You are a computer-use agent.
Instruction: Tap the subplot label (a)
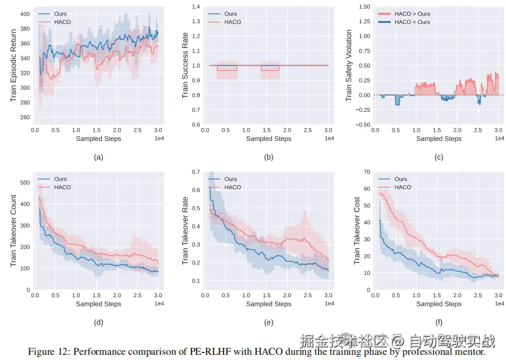(x=98, y=157)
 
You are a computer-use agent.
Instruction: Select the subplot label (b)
(x=268, y=157)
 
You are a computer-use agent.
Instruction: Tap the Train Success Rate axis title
(x=185, y=65)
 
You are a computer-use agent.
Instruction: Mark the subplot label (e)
(x=268, y=322)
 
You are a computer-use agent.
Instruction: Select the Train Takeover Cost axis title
(x=356, y=230)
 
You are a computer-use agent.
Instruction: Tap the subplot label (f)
(x=438, y=322)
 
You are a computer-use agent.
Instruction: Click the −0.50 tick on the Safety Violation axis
(x=362, y=125)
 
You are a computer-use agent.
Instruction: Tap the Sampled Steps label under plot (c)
(x=438, y=139)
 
